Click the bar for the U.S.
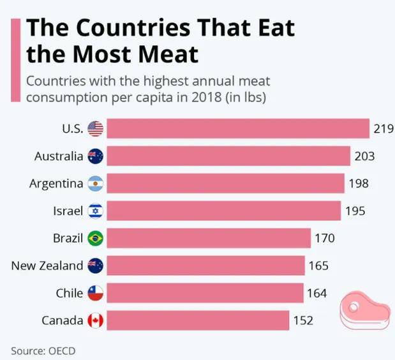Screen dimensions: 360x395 (x=237, y=128)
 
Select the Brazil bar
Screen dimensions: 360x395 (x=208, y=238)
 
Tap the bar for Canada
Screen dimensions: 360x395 (x=197, y=320)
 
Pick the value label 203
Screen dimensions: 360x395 (x=364, y=156)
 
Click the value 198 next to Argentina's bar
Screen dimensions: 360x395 (x=359, y=184)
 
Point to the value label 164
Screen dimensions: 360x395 (x=317, y=294)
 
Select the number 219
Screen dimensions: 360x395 (x=383, y=129)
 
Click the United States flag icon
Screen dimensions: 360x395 (x=95, y=129)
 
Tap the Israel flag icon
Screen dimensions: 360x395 (x=95, y=211)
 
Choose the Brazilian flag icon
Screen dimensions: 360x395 (x=95, y=239)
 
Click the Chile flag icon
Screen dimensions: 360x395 (x=95, y=294)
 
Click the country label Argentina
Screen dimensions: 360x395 (x=56, y=184)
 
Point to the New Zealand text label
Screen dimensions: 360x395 (x=47, y=266)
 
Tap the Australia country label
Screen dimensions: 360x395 (x=59, y=156)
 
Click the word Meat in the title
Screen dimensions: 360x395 (x=165, y=55)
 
